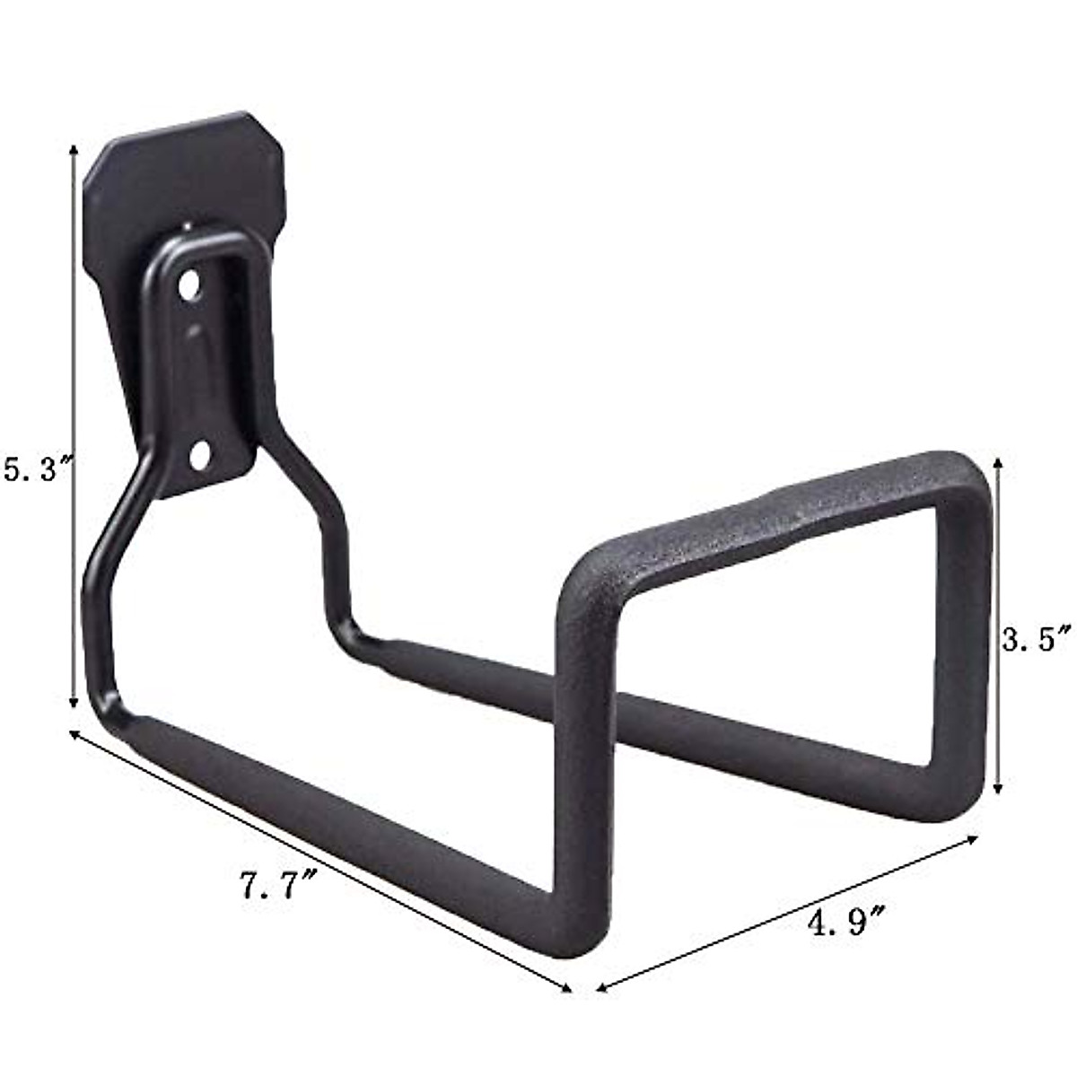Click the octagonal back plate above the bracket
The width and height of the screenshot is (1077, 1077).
pyautogui.click(x=179, y=171)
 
